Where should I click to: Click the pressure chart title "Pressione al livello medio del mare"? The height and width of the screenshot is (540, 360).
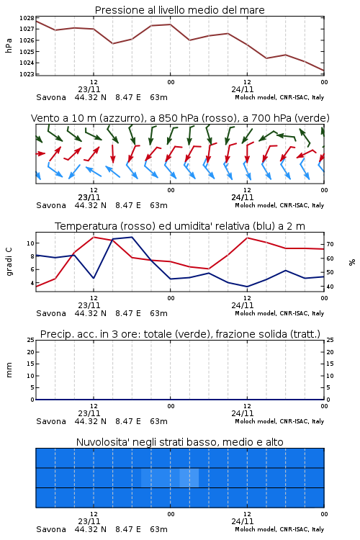(179, 10)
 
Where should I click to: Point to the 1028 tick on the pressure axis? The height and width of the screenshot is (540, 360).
(27, 18)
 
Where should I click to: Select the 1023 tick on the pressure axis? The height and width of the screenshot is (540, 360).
(27, 73)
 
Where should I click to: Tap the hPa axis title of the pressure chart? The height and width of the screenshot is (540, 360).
(9, 45)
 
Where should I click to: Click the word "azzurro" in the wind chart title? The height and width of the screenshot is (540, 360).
(121, 119)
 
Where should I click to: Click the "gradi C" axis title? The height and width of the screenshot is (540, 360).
(9, 262)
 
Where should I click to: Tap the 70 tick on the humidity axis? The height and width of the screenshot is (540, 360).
(330, 244)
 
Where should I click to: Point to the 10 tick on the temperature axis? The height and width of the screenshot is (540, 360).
(30, 243)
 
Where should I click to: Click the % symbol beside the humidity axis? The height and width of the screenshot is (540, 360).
(352, 262)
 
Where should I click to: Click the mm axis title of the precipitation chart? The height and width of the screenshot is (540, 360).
(9, 370)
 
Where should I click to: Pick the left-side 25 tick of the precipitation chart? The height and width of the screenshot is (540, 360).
(30, 340)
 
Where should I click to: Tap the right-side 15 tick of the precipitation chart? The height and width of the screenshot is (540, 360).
(330, 364)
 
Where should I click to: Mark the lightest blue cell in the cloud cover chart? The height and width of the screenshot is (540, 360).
(189, 477)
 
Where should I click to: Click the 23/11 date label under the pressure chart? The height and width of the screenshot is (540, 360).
(89, 89)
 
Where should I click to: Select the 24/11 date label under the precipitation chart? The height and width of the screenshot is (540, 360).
(243, 413)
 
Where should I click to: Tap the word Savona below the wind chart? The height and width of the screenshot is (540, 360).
(51, 205)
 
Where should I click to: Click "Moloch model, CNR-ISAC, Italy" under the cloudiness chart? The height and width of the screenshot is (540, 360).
(279, 529)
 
